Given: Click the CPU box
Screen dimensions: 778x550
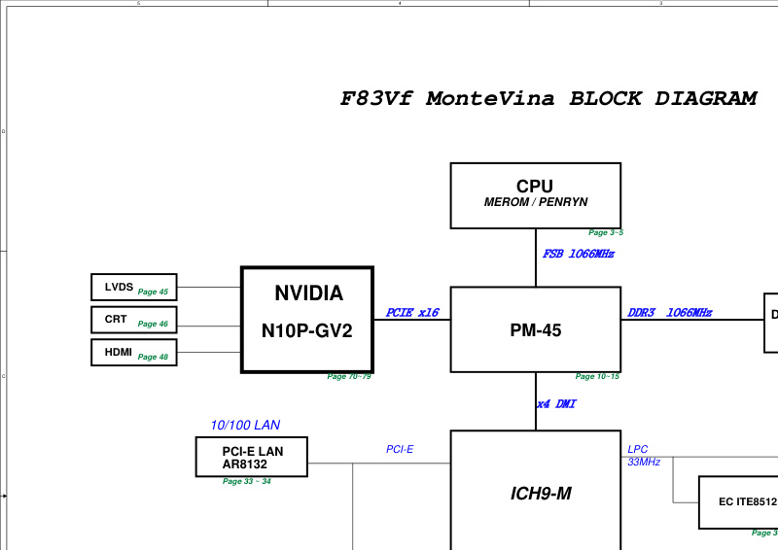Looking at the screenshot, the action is point(536,195).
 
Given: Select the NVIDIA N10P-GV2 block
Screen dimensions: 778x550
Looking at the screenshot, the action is point(307,320).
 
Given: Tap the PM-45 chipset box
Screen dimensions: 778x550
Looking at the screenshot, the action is point(536,329).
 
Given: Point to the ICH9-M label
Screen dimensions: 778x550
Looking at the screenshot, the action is point(541,494).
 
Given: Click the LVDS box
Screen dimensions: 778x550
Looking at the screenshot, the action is point(134,288).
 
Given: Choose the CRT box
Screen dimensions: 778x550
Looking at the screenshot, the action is point(134,320).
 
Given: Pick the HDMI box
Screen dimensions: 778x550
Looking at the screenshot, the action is point(134,353).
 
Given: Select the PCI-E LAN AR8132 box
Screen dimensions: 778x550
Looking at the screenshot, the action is point(252,457).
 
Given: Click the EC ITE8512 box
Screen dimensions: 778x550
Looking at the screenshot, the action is point(738,502).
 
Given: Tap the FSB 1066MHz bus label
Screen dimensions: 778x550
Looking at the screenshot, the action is point(579,254).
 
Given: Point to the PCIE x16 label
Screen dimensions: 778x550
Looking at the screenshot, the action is point(412,313).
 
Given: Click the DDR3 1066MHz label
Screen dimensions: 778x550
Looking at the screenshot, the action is point(670,313).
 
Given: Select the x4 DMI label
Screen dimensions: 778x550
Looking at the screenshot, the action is point(556,404).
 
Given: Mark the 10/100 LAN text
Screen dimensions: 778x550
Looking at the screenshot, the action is point(246,425).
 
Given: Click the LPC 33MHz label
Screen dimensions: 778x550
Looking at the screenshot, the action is point(644,456).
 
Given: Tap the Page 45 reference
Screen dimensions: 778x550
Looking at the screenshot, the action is point(153,292).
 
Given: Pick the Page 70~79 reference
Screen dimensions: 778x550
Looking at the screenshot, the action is point(349,376).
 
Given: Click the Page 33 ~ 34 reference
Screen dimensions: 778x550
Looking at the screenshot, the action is point(247,481).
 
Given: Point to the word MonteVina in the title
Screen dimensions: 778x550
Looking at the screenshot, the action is point(490,98).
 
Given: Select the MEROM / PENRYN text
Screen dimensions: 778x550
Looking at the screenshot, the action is point(536,202).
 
